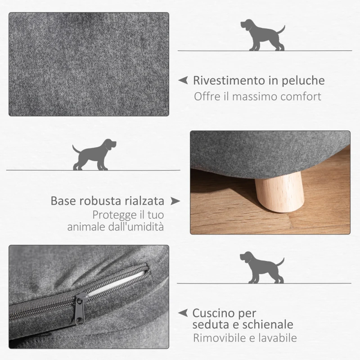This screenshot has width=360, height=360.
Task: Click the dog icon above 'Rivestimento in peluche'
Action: tap(262, 35)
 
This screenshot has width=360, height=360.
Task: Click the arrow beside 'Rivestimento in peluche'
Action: tap(183, 81)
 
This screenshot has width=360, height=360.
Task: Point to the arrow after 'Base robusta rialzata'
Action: tap(175, 201)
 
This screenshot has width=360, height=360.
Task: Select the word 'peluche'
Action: tap(304, 81)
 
